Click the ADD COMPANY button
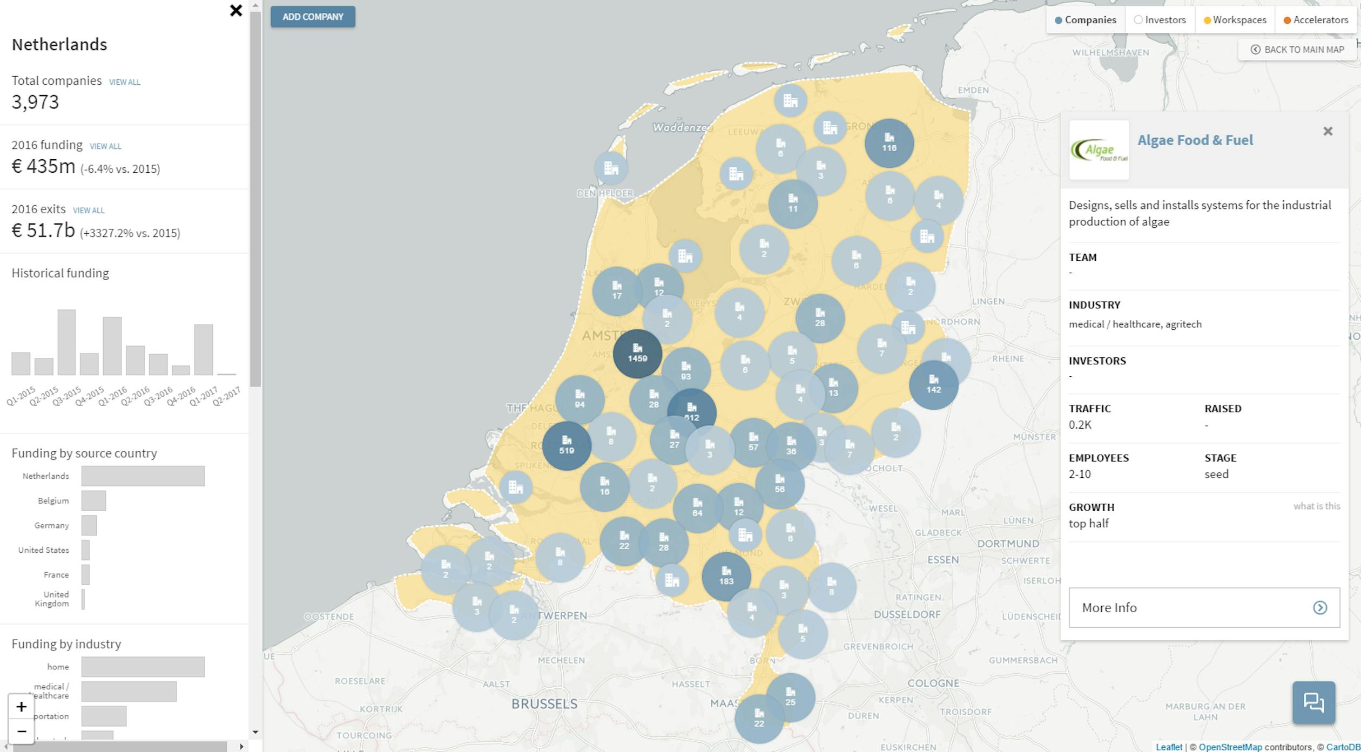pyautogui.click(x=313, y=17)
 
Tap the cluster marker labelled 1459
pyautogui.click(x=637, y=354)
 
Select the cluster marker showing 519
pyautogui.click(x=567, y=446)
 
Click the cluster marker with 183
pyautogui.click(x=726, y=577)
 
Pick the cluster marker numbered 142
pyautogui.click(x=933, y=385)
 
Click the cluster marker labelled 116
pyautogui.click(x=889, y=143)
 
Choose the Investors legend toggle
pyautogui.click(x=1160, y=20)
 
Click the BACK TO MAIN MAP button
pyautogui.click(x=1297, y=50)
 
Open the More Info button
pyautogui.click(x=1204, y=607)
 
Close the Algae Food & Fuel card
pyautogui.click(x=1328, y=131)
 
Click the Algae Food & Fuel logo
pyautogui.click(x=1099, y=150)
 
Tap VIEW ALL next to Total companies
pyautogui.click(x=125, y=82)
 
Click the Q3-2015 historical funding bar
pyautogui.click(x=66, y=342)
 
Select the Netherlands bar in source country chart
pyautogui.click(x=143, y=476)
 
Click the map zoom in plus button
pyautogui.click(x=21, y=707)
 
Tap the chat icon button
pyautogui.click(x=1313, y=702)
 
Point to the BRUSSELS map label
pyautogui.click(x=544, y=704)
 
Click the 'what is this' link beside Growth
pyautogui.click(x=1316, y=506)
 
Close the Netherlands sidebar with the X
pyautogui.click(x=236, y=10)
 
